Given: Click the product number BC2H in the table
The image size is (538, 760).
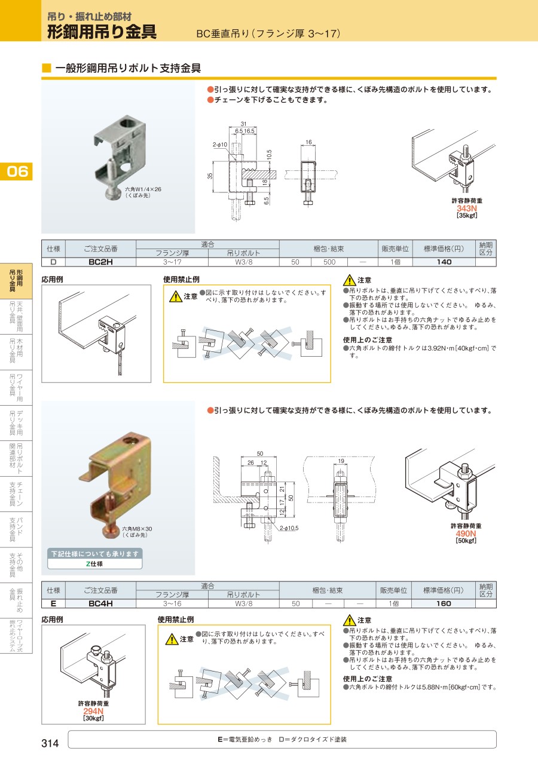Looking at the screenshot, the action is pyautogui.click(x=100, y=262).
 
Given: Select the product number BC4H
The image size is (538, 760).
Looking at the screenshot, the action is pyautogui.click(x=100, y=603).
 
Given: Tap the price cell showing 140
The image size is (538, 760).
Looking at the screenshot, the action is pyautogui.click(x=444, y=262).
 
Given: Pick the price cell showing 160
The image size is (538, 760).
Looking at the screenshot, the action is pyautogui.click(x=444, y=603).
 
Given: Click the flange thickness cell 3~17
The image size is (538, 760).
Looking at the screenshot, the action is pyautogui.click(x=172, y=262).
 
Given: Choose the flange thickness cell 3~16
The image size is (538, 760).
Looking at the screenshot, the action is pyautogui.click(x=172, y=603).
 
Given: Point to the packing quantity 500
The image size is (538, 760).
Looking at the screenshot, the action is pyautogui.click(x=329, y=262).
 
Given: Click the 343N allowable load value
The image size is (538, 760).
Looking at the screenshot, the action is pyautogui.click(x=467, y=209).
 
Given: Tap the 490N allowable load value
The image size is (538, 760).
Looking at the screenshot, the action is pyautogui.click(x=466, y=534).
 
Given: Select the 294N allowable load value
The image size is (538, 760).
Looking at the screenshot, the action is pyautogui.click(x=93, y=711).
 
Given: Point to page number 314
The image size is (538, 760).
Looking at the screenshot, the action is pyautogui.click(x=50, y=743).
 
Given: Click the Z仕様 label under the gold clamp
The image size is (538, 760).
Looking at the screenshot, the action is pyautogui.click(x=94, y=563).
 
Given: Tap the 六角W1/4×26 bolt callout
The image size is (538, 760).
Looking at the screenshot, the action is pyautogui.click(x=143, y=189).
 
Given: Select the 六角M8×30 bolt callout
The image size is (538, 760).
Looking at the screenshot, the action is pyautogui.click(x=137, y=529).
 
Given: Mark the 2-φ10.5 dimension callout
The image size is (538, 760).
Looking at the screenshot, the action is pyautogui.click(x=289, y=528).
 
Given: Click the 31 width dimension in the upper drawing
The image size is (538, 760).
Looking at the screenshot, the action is pyautogui.click(x=243, y=124).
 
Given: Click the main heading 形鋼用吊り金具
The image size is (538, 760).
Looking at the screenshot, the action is pyautogui.click(x=102, y=32).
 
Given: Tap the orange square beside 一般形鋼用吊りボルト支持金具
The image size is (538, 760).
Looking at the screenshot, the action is pyautogui.click(x=46, y=68).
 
